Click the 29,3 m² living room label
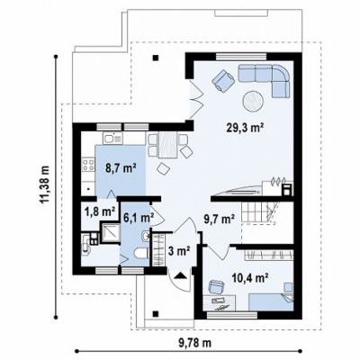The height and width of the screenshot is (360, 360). click(245, 128)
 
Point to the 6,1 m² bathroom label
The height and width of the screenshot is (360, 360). click(139, 217)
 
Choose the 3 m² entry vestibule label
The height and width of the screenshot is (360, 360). click(179, 250)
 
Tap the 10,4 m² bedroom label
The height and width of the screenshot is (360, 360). click(250, 278)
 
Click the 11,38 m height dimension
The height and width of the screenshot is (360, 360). click(45, 185)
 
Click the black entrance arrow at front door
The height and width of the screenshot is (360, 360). click(180, 275)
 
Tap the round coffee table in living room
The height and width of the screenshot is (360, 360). click(253, 102)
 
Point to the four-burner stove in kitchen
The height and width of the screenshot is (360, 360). click(88, 165)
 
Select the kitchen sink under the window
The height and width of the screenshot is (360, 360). click(113, 139)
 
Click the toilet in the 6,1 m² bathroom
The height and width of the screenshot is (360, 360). click(141, 254)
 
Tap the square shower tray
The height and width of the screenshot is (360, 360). click(110, 232)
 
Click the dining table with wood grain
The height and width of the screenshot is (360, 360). click(167, 145)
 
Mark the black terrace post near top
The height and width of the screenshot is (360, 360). click(156, 58)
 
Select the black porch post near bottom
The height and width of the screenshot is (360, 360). click(156, 314)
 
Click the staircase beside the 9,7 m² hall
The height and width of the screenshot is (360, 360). click(259, 212)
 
